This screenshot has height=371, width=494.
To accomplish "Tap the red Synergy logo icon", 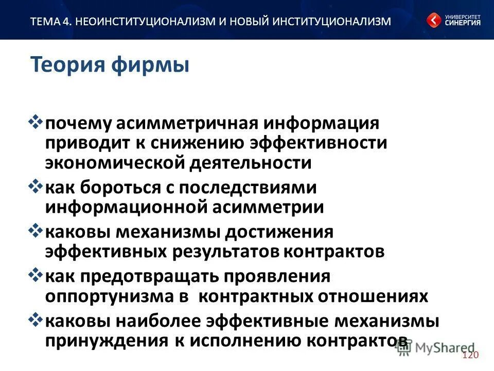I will pos(433,21).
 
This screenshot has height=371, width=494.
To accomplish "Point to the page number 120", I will pos(470,356).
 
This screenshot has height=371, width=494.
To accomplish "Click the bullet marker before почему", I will pos(37,123).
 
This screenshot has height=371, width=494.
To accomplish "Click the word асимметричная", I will pos(187,124).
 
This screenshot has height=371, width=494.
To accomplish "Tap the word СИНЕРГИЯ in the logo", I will pos(463,23).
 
